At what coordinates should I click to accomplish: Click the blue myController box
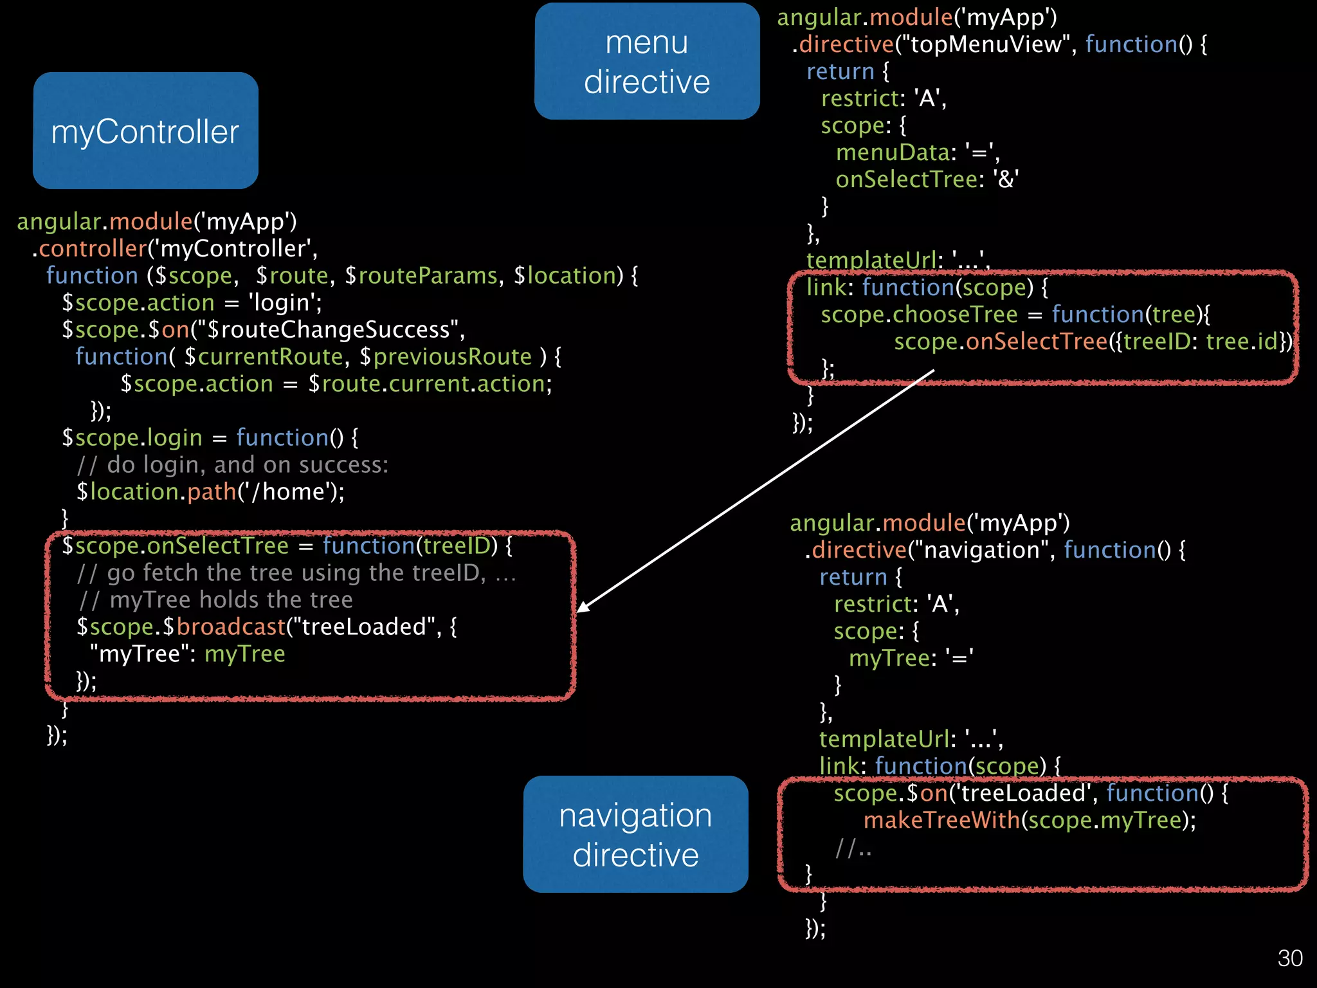[145, 131]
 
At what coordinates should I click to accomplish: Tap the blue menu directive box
[647, 61]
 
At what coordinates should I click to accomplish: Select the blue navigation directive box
[635, 834]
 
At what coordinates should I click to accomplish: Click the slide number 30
[1289, 958]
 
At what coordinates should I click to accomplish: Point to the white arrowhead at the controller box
[583, 607]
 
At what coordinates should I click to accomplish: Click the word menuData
[893, 152]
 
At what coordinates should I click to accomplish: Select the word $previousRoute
[446, 357]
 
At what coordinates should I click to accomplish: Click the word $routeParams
[421, 276]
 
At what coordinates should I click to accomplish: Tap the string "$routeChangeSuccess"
[330, 330]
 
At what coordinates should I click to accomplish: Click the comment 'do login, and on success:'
[248, 465]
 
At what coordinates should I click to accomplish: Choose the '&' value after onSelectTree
[1006, 179]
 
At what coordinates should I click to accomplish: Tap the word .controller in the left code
[91, 249]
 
